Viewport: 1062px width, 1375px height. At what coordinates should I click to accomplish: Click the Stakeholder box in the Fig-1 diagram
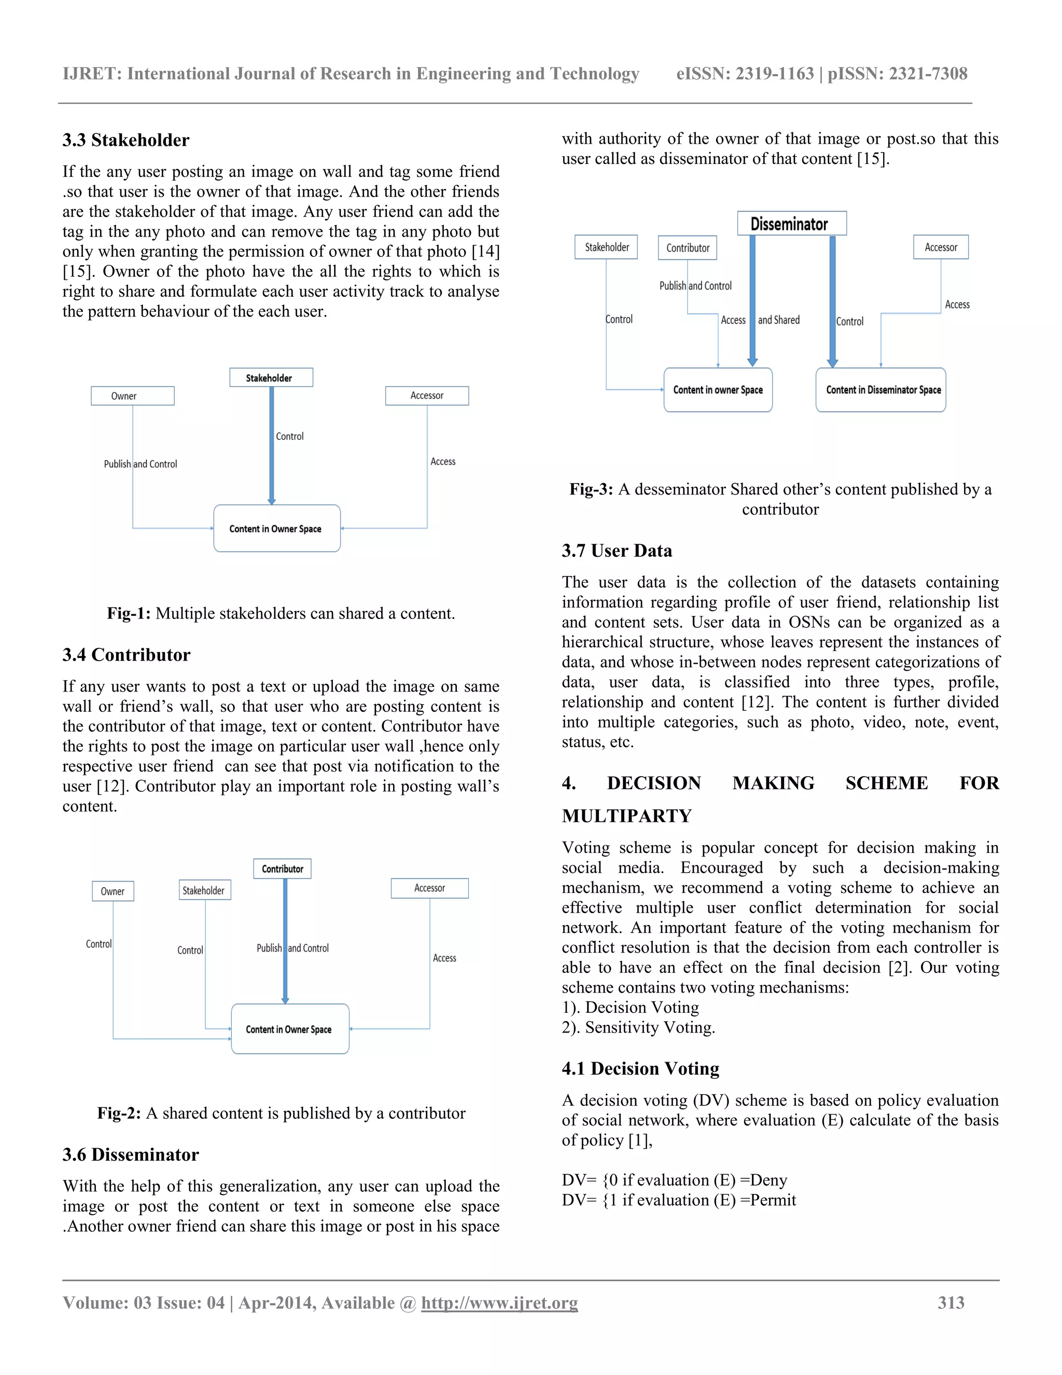click(271, 378)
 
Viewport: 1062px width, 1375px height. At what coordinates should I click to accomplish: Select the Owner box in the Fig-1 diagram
click(132, 396)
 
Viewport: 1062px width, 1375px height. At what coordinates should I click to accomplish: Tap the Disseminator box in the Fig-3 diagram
click(791, 224)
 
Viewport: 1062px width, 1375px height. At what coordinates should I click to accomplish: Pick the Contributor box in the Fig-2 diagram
click(283, 869)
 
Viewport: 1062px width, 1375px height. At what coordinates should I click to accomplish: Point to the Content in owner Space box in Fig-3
click(718, 390)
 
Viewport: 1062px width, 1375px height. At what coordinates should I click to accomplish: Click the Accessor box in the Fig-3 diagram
click(941, 247)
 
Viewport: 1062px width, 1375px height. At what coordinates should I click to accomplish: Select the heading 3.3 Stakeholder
click(126, 140)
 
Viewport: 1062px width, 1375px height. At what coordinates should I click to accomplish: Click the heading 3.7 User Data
click(617, 551)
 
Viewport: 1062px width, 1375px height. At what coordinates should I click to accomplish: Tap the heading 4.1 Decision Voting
click(640, 1068)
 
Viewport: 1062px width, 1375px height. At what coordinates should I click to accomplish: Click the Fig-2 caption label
click(119, 1113)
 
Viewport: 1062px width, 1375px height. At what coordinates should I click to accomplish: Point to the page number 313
click(951, 1302)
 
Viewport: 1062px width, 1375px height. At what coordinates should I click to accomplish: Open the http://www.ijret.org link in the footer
click(499, 1302)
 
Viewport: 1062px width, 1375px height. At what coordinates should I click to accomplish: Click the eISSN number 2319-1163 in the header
click(775, 74)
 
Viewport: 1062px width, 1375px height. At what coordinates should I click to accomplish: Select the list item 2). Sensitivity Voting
click(638, 1027)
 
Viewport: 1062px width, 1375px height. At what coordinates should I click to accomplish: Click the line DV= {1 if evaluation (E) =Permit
click(679, 1200)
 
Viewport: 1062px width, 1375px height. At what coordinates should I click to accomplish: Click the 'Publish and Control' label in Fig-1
click(141, 464)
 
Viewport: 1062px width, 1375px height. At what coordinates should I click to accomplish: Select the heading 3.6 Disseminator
click(130, 1154)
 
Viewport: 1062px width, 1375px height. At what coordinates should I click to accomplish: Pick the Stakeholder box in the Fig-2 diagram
click(204, 890)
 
